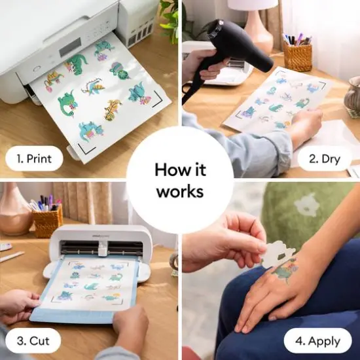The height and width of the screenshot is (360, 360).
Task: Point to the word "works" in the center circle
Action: coord(179,192)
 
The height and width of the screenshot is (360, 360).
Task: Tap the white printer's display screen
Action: coord(69,46)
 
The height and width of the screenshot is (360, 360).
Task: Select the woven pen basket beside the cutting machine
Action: coord(48,221)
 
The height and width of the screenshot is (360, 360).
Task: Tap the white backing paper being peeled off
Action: coord(278,253)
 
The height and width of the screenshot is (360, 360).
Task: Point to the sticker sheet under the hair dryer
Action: coord(275,101)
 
